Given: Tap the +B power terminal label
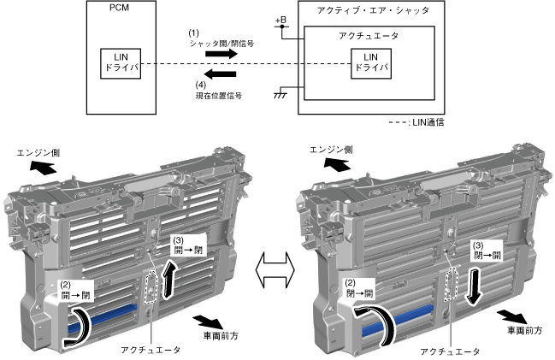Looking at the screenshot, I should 280,20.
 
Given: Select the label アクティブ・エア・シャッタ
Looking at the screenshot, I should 384,14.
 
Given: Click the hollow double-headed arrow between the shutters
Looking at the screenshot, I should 276,263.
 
